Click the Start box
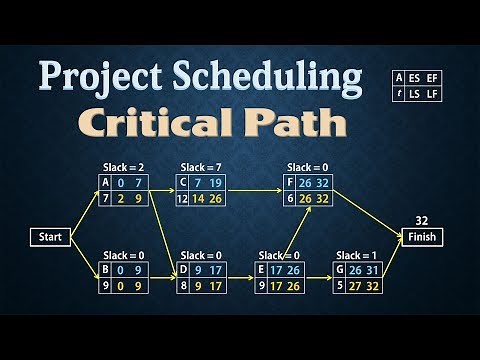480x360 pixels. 51,237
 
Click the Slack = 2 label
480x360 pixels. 124,167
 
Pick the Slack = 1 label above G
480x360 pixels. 357,255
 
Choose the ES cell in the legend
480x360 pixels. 415,77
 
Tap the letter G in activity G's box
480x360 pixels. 341,269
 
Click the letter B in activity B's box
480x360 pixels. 106,269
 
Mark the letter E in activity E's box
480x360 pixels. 262,269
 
